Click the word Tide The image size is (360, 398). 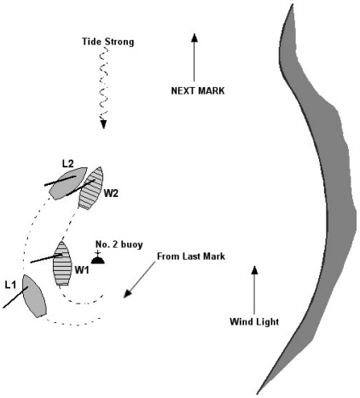point(91,42)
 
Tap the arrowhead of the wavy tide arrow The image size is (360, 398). point(103,124)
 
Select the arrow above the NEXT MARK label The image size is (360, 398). point(195,57)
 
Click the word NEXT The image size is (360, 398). point(183,90)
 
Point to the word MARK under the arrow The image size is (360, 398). point(212,90)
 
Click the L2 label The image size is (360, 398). point(67,164)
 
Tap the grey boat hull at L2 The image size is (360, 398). point(67,182)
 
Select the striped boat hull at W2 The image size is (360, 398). point(90,188)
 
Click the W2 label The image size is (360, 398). point(111,193)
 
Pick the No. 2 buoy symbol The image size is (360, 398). point(98,258)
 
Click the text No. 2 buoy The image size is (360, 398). point(119,245)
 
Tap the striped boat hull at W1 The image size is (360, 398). point(62,263)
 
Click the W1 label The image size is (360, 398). point(82,270)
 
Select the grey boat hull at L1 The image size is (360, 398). point(34,296)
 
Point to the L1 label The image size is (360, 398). point(10,285)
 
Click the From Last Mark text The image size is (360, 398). point(191,257)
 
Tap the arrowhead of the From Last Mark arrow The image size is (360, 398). point(127,294)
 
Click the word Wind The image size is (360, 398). point(241,321)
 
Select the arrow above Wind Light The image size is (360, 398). point(255,290)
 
